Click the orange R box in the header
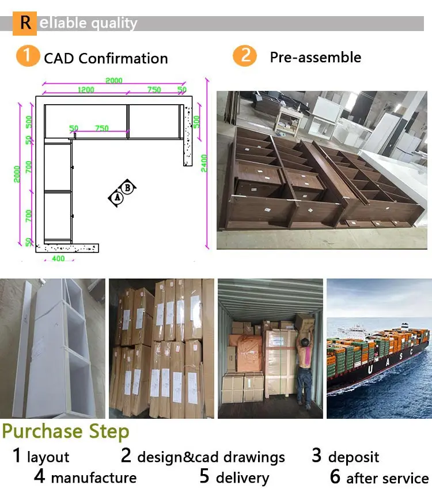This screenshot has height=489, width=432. pos(25,23)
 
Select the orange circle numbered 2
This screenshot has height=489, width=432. pos(244,56)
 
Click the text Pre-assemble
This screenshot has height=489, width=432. pos(316,58)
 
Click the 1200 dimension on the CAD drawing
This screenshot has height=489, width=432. pos(86,90)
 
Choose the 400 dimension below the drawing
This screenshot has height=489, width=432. pos(58,259)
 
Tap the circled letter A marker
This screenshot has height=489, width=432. pos(117,197)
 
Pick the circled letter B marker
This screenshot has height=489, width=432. pos(128,187)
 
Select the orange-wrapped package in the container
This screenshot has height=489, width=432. pos(244,349)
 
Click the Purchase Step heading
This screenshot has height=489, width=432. pos(66,431)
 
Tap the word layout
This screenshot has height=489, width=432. pos(48,457)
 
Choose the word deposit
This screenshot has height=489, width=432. pos(354,457)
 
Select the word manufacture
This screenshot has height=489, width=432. pos(93,477)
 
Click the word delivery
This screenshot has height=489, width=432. pos(242,477)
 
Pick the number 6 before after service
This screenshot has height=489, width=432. pos(335,477)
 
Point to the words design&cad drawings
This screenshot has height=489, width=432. pos(211,457)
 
